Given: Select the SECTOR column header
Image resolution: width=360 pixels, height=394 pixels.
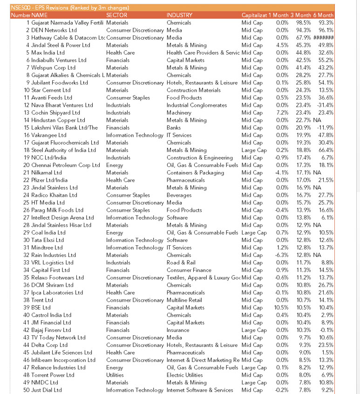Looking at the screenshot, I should [x=117, y=15].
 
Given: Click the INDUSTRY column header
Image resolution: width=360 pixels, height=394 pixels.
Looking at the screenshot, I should [x=179, y=15].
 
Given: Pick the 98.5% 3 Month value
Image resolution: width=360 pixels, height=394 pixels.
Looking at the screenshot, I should [x=303, y=23].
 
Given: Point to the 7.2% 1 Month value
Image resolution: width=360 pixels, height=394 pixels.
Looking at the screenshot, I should [x=282, y=113].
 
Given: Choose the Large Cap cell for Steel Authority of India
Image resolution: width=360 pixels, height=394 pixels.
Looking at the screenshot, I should [x=254, y=150].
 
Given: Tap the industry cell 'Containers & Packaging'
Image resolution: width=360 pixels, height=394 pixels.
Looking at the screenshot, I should [x=195, y=173].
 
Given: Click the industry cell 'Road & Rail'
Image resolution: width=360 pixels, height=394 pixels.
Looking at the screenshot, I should [x=181, y=263].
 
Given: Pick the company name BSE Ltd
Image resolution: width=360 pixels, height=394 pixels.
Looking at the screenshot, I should [x=41, y=308].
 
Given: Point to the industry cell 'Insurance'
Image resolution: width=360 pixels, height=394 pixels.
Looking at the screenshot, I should [x=178, y=330].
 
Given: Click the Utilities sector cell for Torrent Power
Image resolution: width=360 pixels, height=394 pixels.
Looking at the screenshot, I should [x=115, y=375].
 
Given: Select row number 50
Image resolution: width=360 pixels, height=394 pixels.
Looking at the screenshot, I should [x=27, y=390].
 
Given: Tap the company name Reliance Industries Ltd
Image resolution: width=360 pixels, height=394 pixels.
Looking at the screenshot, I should [x=58, y=367].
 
